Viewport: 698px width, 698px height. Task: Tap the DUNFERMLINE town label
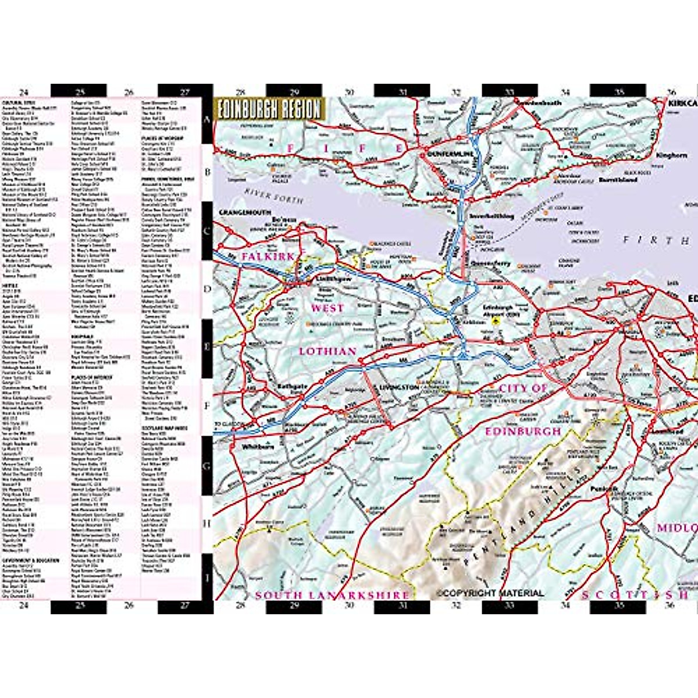pos(444,155)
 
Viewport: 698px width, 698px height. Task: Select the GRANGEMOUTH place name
pos(244,213)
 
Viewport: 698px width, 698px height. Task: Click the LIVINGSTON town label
pos(398,387)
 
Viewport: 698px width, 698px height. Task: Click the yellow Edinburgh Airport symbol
pos(496,320)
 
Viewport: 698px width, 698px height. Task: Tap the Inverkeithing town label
pos(492,216)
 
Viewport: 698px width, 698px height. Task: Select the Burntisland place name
pos(618,180)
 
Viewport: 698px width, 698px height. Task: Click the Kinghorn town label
pos(671,155)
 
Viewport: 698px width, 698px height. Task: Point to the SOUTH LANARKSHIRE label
pos(332,595)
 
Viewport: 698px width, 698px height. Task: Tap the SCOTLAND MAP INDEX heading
pos(164,428)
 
